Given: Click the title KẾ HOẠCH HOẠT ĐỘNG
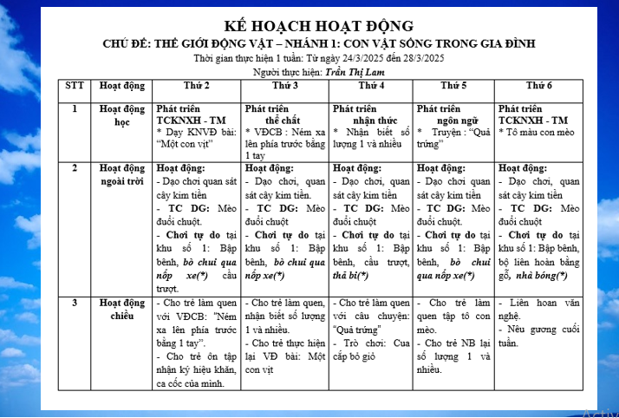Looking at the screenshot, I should (x=318, y=26).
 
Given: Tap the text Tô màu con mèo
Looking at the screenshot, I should (x=541, y=132).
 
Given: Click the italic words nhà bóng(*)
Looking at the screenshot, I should (x=546, y=276).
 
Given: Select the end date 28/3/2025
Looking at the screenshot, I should (x=418, y=57).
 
